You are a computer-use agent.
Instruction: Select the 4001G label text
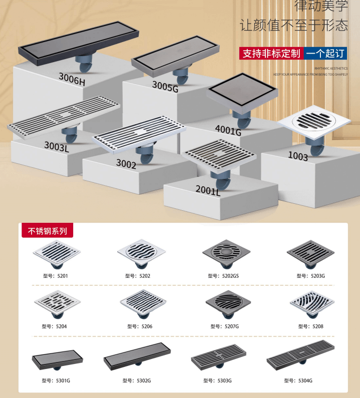pyautogui.click(x=228, y=130)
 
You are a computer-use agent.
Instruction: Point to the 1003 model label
pyautogui.click(x=298, y=156)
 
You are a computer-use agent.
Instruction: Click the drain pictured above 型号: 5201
pyautogui.click(x=57, y=254)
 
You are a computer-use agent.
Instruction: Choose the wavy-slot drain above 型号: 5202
pyautogui.click(x=141, y=253)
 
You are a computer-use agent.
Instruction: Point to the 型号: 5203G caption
pyautogui.click(x=311, y=275)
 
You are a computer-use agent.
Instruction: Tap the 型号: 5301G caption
pyautogui.click(x=56, y=380)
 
